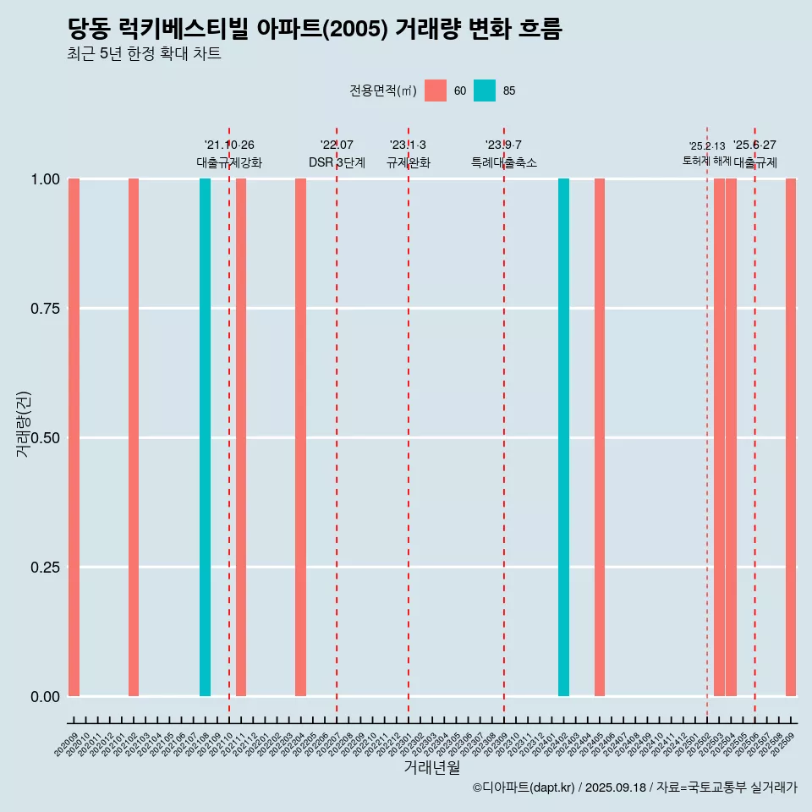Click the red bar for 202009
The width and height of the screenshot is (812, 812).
tap(74, 437)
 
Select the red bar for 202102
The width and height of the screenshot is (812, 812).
tap(134, 437)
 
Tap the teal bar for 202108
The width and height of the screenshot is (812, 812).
tap(205, 437)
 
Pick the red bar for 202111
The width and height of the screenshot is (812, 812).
tap(241, 437)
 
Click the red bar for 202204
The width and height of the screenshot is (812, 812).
tap(300, 437)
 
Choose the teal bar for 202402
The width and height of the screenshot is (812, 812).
tap(563, 437)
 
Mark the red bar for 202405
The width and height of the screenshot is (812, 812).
tap(600, 437)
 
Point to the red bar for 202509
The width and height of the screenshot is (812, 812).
tap(791, 437)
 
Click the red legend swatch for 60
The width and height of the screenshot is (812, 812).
tap(436, 91)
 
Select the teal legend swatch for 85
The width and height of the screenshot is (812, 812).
tap(485, 91)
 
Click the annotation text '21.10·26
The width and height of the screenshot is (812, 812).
tap(229, 145)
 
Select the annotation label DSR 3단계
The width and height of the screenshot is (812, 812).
tap(337, 162)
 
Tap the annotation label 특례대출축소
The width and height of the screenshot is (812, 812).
tap(504, 162)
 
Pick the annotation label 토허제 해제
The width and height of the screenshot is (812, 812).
tap(706, 161)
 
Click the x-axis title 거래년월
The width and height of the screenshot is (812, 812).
tap(432, 767)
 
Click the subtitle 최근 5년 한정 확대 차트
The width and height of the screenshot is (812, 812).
tap(144, 54)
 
